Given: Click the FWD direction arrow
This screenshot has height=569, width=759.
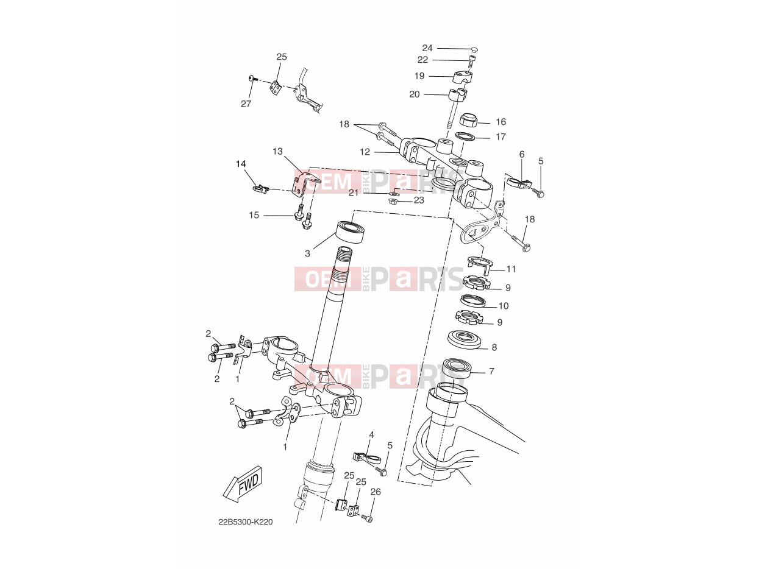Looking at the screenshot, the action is pyautogui.click(x=243, y=484).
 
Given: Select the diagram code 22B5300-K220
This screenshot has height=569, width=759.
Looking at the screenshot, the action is pyautogui.click(x=246, y=522).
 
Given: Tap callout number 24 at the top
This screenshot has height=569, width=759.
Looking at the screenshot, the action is pyautogui.click(x=427, y=48).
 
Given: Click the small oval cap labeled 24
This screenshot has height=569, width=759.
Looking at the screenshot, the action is pyautogui.click(x=474, y=50).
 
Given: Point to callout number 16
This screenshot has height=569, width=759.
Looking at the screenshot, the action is pyautogui.click(x=501, y=122).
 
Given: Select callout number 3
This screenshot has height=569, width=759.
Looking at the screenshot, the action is pyautogui.click(x=307, y=253).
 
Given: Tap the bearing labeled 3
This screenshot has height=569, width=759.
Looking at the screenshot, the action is pyautogui.click(x=351, y=232).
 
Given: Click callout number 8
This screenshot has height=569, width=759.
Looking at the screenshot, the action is pyautogui.click(x=494, y=347).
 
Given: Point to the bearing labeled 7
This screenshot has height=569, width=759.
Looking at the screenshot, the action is pyautogui.click(x=457, y=369).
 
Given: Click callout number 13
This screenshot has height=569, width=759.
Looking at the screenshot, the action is pyautogui.click(x=277, y=151).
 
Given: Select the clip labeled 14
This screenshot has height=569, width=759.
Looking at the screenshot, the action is pyautogui.click(x=260, y=189).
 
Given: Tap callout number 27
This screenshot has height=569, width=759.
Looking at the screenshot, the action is pyautogui.click(x=246, y=104).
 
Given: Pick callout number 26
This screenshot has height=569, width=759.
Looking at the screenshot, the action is pyautogui.click(x=376, y=492).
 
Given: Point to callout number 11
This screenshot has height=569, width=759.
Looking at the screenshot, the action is pyautogui.click(x=511, y=269).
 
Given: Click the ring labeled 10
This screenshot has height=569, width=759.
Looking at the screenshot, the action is pyautogui.click(x=472, y=300).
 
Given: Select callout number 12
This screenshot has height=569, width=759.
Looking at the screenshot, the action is pyautogui.click(x=365, y=152).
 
